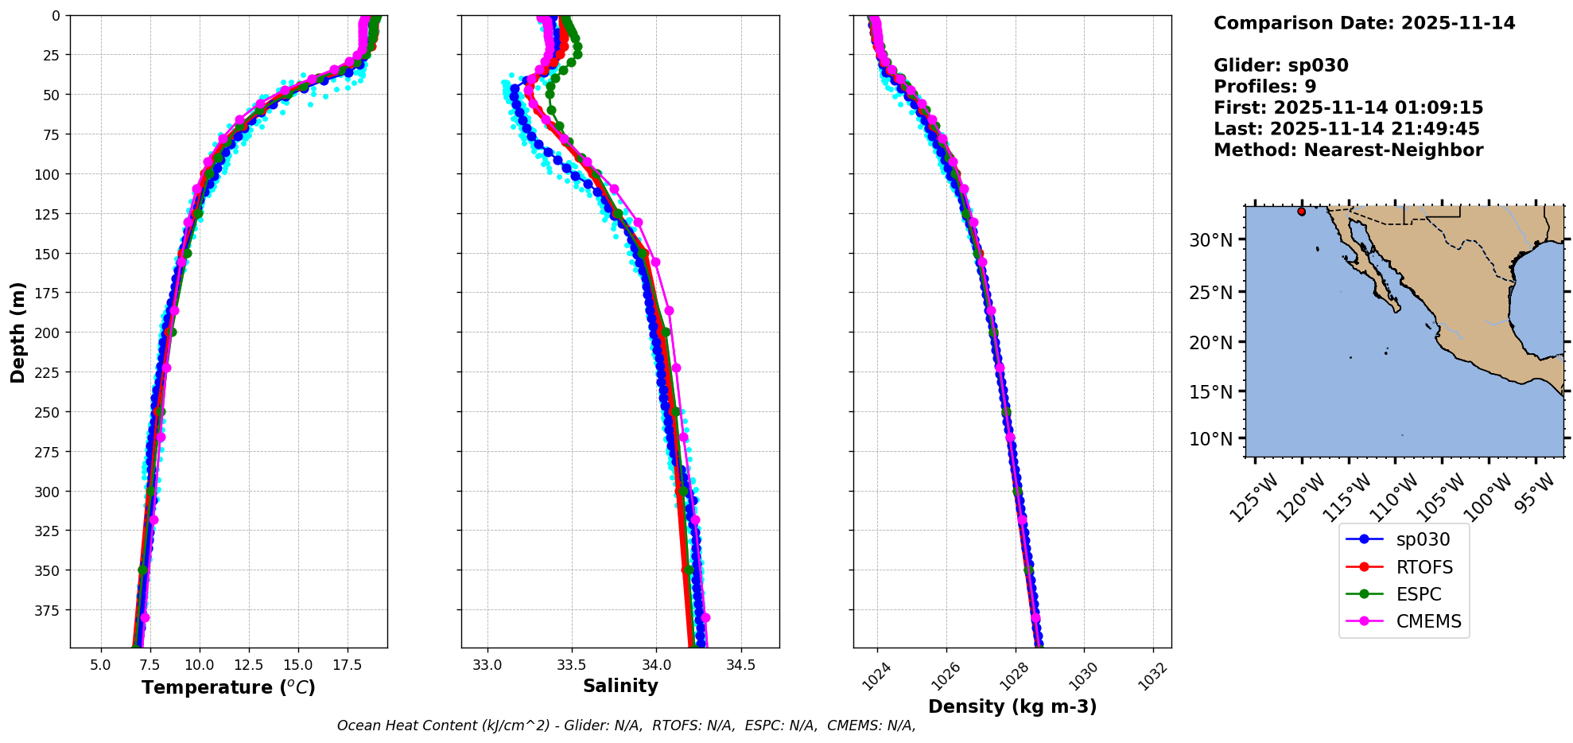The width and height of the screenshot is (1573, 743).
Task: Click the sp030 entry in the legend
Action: coord(1422,539)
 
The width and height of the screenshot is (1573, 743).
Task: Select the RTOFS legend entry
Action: coord(1423,567)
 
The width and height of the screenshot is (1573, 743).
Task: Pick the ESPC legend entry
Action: coord(1418,594)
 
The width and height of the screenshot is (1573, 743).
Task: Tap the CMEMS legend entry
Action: coord(1428,621)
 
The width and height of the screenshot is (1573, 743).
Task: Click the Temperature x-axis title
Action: coord(228,687)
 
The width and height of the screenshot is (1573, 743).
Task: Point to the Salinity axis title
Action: coord(620,686)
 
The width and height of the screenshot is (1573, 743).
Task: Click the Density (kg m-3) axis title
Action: coord(1012,706)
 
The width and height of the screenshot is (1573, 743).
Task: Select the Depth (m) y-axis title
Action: coord(17,332)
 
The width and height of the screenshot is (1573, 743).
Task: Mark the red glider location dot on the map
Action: coord(1301,212)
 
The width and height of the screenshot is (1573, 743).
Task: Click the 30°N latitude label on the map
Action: coord(1210,240)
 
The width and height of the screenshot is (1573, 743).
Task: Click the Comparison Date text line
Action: coord(1364,23)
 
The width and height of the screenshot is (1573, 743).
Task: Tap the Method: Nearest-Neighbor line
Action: coord(1348,150)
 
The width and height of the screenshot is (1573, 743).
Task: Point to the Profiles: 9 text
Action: coord(1264,87)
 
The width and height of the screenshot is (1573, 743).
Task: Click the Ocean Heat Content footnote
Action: coord(626,725)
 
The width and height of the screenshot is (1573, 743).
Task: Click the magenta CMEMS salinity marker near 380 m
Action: coord(705,617)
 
